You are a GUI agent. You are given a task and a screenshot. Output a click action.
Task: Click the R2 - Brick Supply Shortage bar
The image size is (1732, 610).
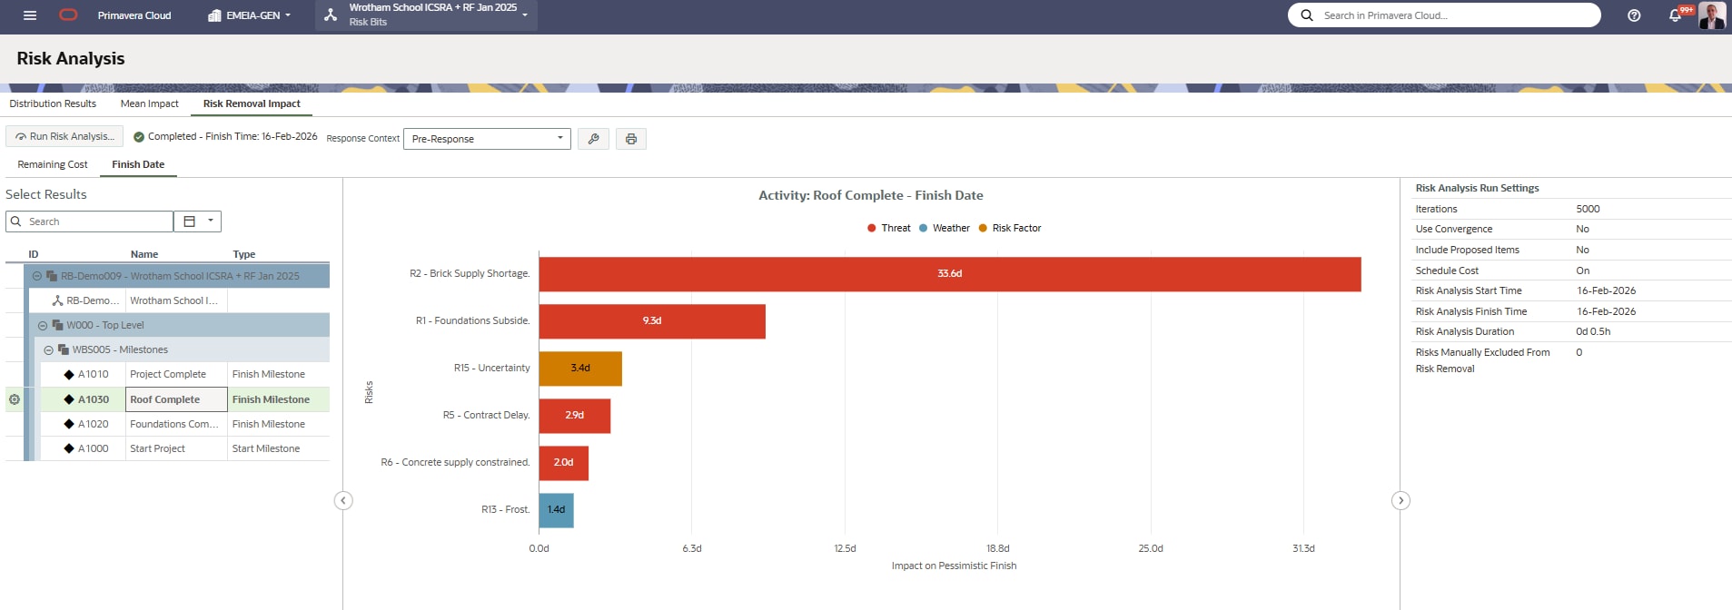coord(949,274)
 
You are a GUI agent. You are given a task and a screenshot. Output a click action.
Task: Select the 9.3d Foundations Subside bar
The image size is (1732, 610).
coord(651,321)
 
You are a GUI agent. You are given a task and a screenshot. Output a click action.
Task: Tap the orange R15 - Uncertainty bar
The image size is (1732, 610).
coord(579,369)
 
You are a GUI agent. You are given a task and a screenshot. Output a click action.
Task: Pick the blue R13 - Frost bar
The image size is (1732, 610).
coord(556,510)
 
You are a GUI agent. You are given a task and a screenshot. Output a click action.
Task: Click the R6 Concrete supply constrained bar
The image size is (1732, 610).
coord(563,463)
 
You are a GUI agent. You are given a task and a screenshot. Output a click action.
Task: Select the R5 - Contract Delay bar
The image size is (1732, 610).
coord(574,416)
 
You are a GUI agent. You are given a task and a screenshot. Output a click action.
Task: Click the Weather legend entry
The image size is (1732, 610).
coord(945,229)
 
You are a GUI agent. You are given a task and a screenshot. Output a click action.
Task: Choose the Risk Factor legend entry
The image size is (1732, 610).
coord(1010,229)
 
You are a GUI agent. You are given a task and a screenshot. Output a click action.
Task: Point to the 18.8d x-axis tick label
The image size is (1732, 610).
coord(997,548)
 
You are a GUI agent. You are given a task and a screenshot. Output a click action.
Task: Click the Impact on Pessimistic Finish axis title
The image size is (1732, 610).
coord(954,566)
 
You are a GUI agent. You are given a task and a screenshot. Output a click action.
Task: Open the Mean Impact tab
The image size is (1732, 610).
coord(149,103)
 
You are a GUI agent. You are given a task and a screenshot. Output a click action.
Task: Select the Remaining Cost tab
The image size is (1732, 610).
coord(53,164)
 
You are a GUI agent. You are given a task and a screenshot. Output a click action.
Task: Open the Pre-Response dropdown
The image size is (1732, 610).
coord(487,139)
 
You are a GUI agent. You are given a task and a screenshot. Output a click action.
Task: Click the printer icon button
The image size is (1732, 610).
coord(630,139)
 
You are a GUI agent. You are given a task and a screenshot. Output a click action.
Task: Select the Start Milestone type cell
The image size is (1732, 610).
coord(266,448)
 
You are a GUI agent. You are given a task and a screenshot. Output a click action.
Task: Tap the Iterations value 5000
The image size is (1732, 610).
coord(1588,209)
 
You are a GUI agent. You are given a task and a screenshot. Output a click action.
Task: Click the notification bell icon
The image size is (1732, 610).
coord(1675,15)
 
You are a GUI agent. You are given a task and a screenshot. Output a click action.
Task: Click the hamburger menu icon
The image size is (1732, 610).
coord(30,15)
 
